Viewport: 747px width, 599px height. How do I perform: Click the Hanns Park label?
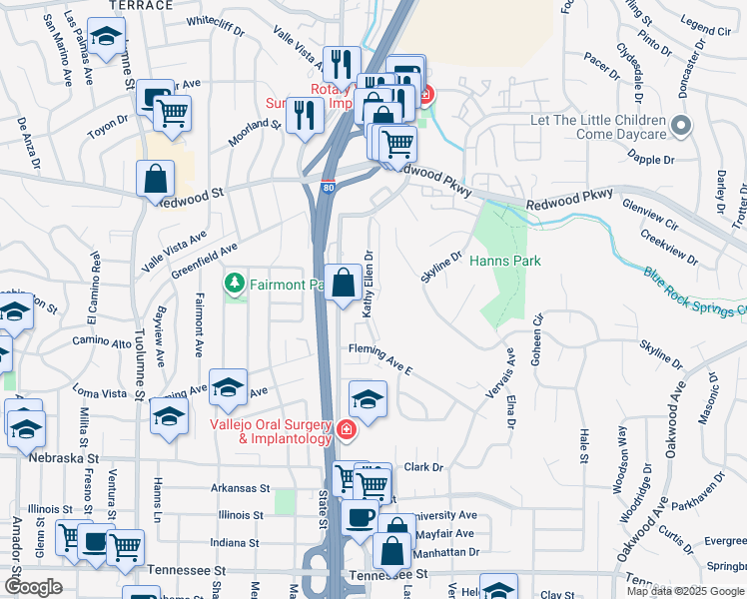pyautogui.click(x=504, y=261)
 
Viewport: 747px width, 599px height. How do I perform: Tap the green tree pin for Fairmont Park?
pyautogui.click(x=235, y=285)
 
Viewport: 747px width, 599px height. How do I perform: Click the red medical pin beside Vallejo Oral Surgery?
pyautogui.click(x=346, y=430)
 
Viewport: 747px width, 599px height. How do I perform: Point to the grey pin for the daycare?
pyautogui.click(x=681, y=126)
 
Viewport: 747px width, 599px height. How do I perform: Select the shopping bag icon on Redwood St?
pyautogui.click(x=157, y=181)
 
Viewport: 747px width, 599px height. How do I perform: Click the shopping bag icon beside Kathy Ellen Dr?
pyautogui.click(x=343, y=283)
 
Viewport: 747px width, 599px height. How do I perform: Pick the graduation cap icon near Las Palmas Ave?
pyautogui.click(x=104, y=37)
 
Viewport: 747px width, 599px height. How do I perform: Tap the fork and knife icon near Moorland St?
pyautogui.click(x=304, y=114)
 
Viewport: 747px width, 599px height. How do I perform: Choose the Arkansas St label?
pyautogui.click(x=240, y=488)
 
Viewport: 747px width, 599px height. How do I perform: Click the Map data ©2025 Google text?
pyautogui.click(x=685, y=591)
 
